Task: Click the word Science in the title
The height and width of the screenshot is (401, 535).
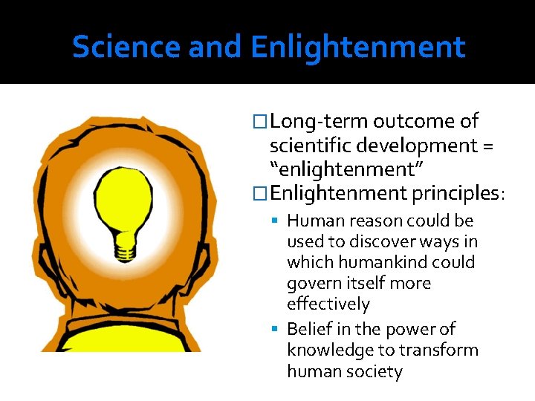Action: pos(126,48)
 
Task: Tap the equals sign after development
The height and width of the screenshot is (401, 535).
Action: pos(487,146)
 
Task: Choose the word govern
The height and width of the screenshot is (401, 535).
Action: pos(314,283)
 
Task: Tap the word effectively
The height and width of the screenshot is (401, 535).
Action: pos(328,304)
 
